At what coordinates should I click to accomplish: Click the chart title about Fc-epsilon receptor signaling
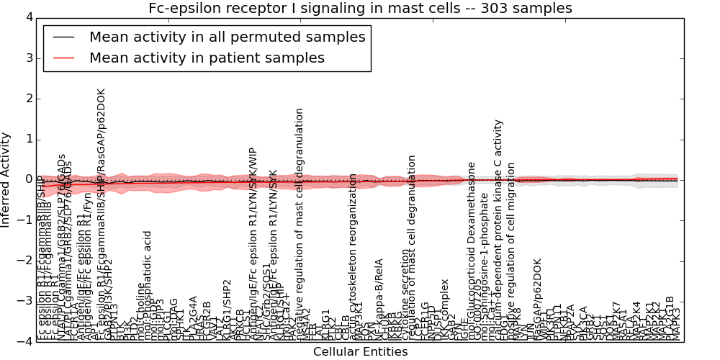(x=360, y=8)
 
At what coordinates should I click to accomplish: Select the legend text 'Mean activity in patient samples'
(x=207, y=58)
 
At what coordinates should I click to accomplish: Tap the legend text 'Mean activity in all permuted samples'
(x=227, y=37)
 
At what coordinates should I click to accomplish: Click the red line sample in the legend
(x=64, y=58)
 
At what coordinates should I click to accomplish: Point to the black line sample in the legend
(x=64, y=37)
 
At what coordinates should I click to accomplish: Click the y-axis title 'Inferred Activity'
(x=6, y=179)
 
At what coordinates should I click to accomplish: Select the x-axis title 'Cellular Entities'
(x=360, y=352)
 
